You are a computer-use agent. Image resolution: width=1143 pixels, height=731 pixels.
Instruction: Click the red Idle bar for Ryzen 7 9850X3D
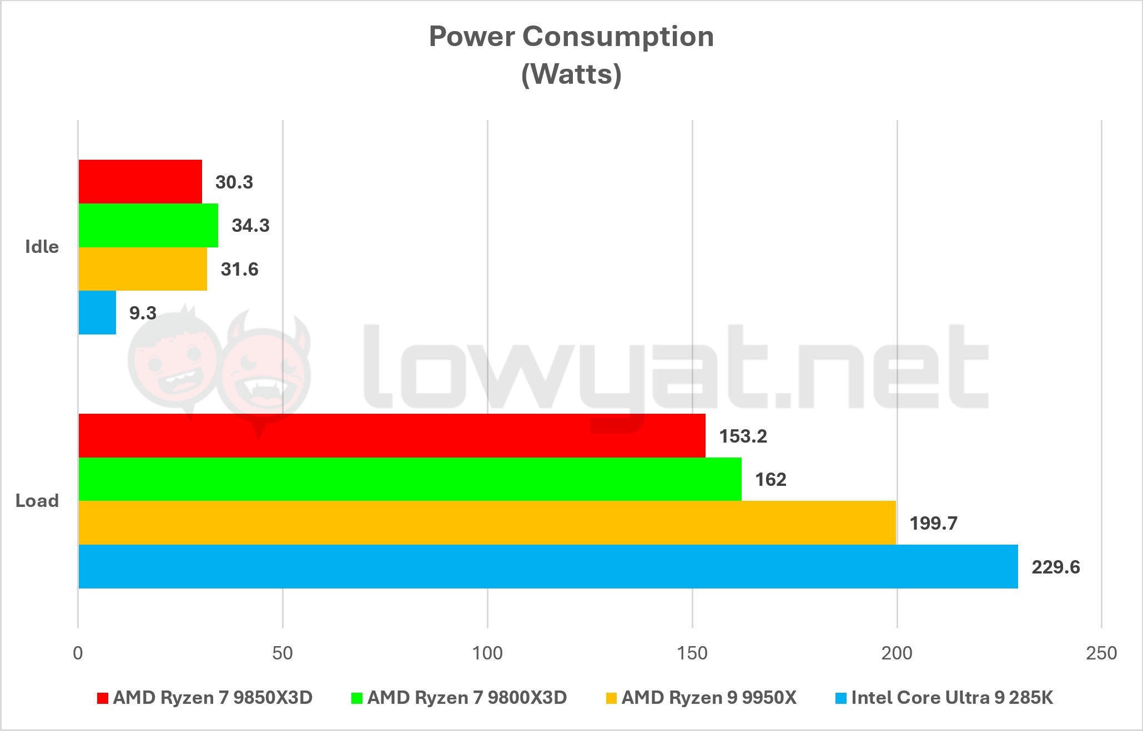pos(140,181)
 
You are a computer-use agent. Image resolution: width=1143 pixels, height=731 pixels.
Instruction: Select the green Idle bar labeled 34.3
pos(148,225)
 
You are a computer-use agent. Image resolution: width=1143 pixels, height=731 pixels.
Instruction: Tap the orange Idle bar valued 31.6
pos(143,269)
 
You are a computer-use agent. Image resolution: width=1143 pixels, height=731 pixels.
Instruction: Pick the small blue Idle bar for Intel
pos(97,313)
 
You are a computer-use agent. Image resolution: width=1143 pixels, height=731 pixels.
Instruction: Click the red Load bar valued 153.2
pos(391,435)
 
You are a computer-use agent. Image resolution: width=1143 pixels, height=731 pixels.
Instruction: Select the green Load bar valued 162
pos(410,479)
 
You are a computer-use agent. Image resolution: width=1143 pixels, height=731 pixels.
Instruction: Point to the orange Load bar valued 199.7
pos(487,523)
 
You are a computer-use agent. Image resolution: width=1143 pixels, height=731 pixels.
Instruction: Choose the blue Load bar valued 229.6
pos(548,566)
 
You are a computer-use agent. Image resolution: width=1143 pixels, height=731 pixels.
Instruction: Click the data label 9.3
pos(143,313)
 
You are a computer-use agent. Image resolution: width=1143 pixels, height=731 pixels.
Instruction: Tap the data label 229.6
pos(1055,567)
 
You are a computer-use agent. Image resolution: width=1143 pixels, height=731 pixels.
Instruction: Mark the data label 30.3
pos(234,182)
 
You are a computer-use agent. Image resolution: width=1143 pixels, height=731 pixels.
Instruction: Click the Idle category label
pos(42,246)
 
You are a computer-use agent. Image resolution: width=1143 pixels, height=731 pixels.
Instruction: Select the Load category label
pos(37,501)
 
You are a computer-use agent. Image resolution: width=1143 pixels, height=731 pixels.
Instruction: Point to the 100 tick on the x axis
pos(487,653)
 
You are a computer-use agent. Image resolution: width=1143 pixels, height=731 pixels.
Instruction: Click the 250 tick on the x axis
pos(1101,653)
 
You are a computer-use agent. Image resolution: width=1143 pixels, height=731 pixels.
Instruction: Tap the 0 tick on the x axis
pos(78,653)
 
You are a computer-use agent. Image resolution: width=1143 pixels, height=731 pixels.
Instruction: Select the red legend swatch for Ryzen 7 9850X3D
pos(102,698)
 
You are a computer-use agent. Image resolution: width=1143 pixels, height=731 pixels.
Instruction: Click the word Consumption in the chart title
pos(618,37)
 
